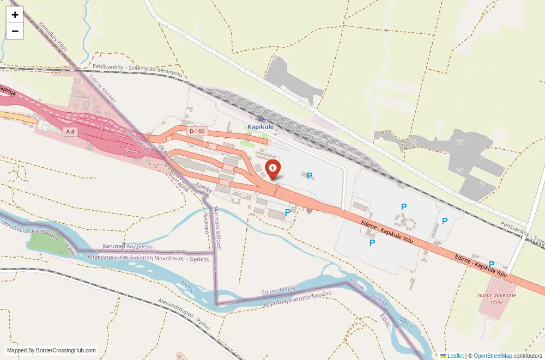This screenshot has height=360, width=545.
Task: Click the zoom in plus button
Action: tap(15, 15)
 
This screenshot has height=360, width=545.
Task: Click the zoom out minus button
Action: tap(15, 32)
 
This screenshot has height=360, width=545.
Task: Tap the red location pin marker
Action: tap(272, 168)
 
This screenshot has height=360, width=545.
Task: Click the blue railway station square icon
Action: tap(261, 119)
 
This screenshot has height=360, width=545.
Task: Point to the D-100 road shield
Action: tap(197, 131)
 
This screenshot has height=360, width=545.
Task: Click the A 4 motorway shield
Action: tap(69, 131)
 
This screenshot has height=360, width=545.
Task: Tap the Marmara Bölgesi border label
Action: tap(216, 228)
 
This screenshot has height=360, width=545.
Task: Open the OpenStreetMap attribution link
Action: tap(493, 356)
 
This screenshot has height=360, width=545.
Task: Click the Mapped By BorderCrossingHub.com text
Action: tap(52, 351)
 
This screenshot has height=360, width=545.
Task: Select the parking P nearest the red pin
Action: tap(310, 175)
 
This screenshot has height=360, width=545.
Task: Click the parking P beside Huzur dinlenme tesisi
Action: tap(491, 265)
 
